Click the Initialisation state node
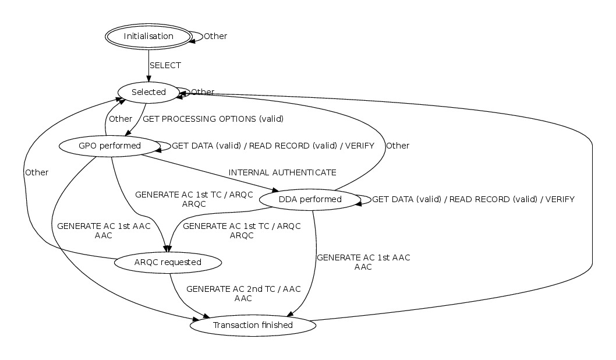click(148, 36)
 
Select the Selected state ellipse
click(148, 92)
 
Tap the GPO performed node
click(109, 146)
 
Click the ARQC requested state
click(168, 262)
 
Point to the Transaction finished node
click(253, 325)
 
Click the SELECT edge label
click(165, 65)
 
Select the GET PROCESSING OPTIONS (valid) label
click(213, 119)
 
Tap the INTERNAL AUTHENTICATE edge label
click(282, 172)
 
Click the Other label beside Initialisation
click(215, 36)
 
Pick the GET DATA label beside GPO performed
click(272, 146)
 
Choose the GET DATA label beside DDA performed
click(473, 199)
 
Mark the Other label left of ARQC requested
click(36, 172)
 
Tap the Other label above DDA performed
click(398, 146)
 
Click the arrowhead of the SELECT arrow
click(148, 78)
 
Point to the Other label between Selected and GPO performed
click(121, 119)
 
